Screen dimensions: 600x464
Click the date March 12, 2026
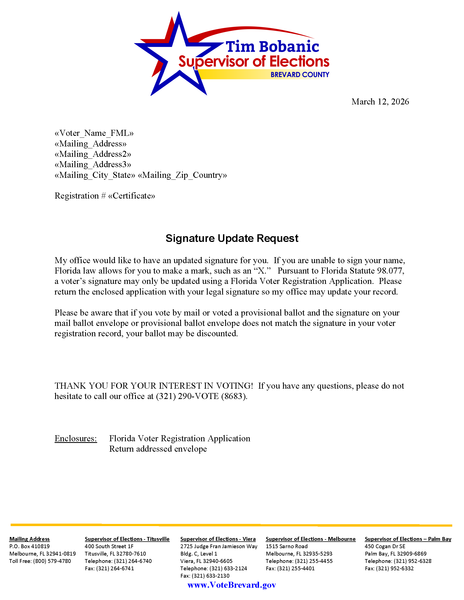[x=380, y=102]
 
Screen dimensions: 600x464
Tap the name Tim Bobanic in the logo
[x=272, y=46]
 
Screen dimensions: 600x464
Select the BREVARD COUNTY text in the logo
[x=300, y=75]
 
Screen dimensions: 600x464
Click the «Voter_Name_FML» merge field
[x=94, y=133]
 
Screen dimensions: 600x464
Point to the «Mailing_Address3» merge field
[x=93, y=164]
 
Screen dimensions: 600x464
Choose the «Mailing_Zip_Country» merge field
[x=182, y=175]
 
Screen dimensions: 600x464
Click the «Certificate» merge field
[x=132, y=196]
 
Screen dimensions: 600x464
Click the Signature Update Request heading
[x=232, y=238]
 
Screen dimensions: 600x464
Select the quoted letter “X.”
[x=262, y=271]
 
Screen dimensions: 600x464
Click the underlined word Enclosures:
[x=76, y=439]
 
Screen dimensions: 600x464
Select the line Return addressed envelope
[x=158, y=449]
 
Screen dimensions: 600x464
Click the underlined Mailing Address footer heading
[x=29, y=539]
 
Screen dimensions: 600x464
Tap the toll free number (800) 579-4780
[x=52, y=561]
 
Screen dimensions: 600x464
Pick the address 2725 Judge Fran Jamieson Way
[x=219, y=547]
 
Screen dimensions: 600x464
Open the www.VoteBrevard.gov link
[x=232, y=585]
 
